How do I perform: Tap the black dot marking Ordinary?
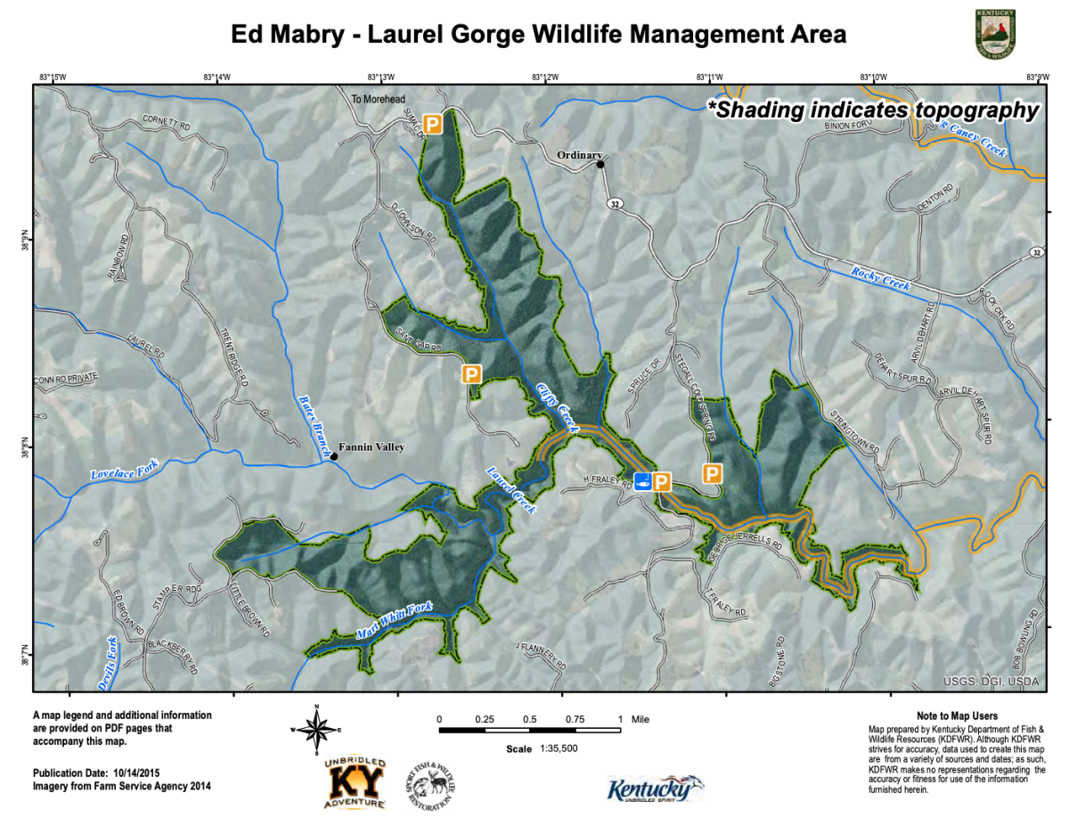pyautogui.click(x=601, y=164)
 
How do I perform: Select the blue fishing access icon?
pyautogui.click(x=642, y=482)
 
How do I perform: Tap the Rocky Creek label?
pyautogui.click(x=880, y=279)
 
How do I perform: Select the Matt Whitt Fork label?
pyautogui.click(x=394, y=620)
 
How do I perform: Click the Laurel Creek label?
pyautogui.click(x=511, y=490)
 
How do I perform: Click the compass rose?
pyautogui.click(x=315, y=729)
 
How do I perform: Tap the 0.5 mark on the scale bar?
pyautogui.click(x=529, y=718)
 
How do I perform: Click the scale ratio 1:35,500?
pyautogui.click(x=558, y=748)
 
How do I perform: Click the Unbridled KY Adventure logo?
pyautogui.click(x=355, y=782)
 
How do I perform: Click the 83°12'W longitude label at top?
pyautogui.click(x=544, y=78)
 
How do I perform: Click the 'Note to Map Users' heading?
pyautogui.click(x=957, y=715)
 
